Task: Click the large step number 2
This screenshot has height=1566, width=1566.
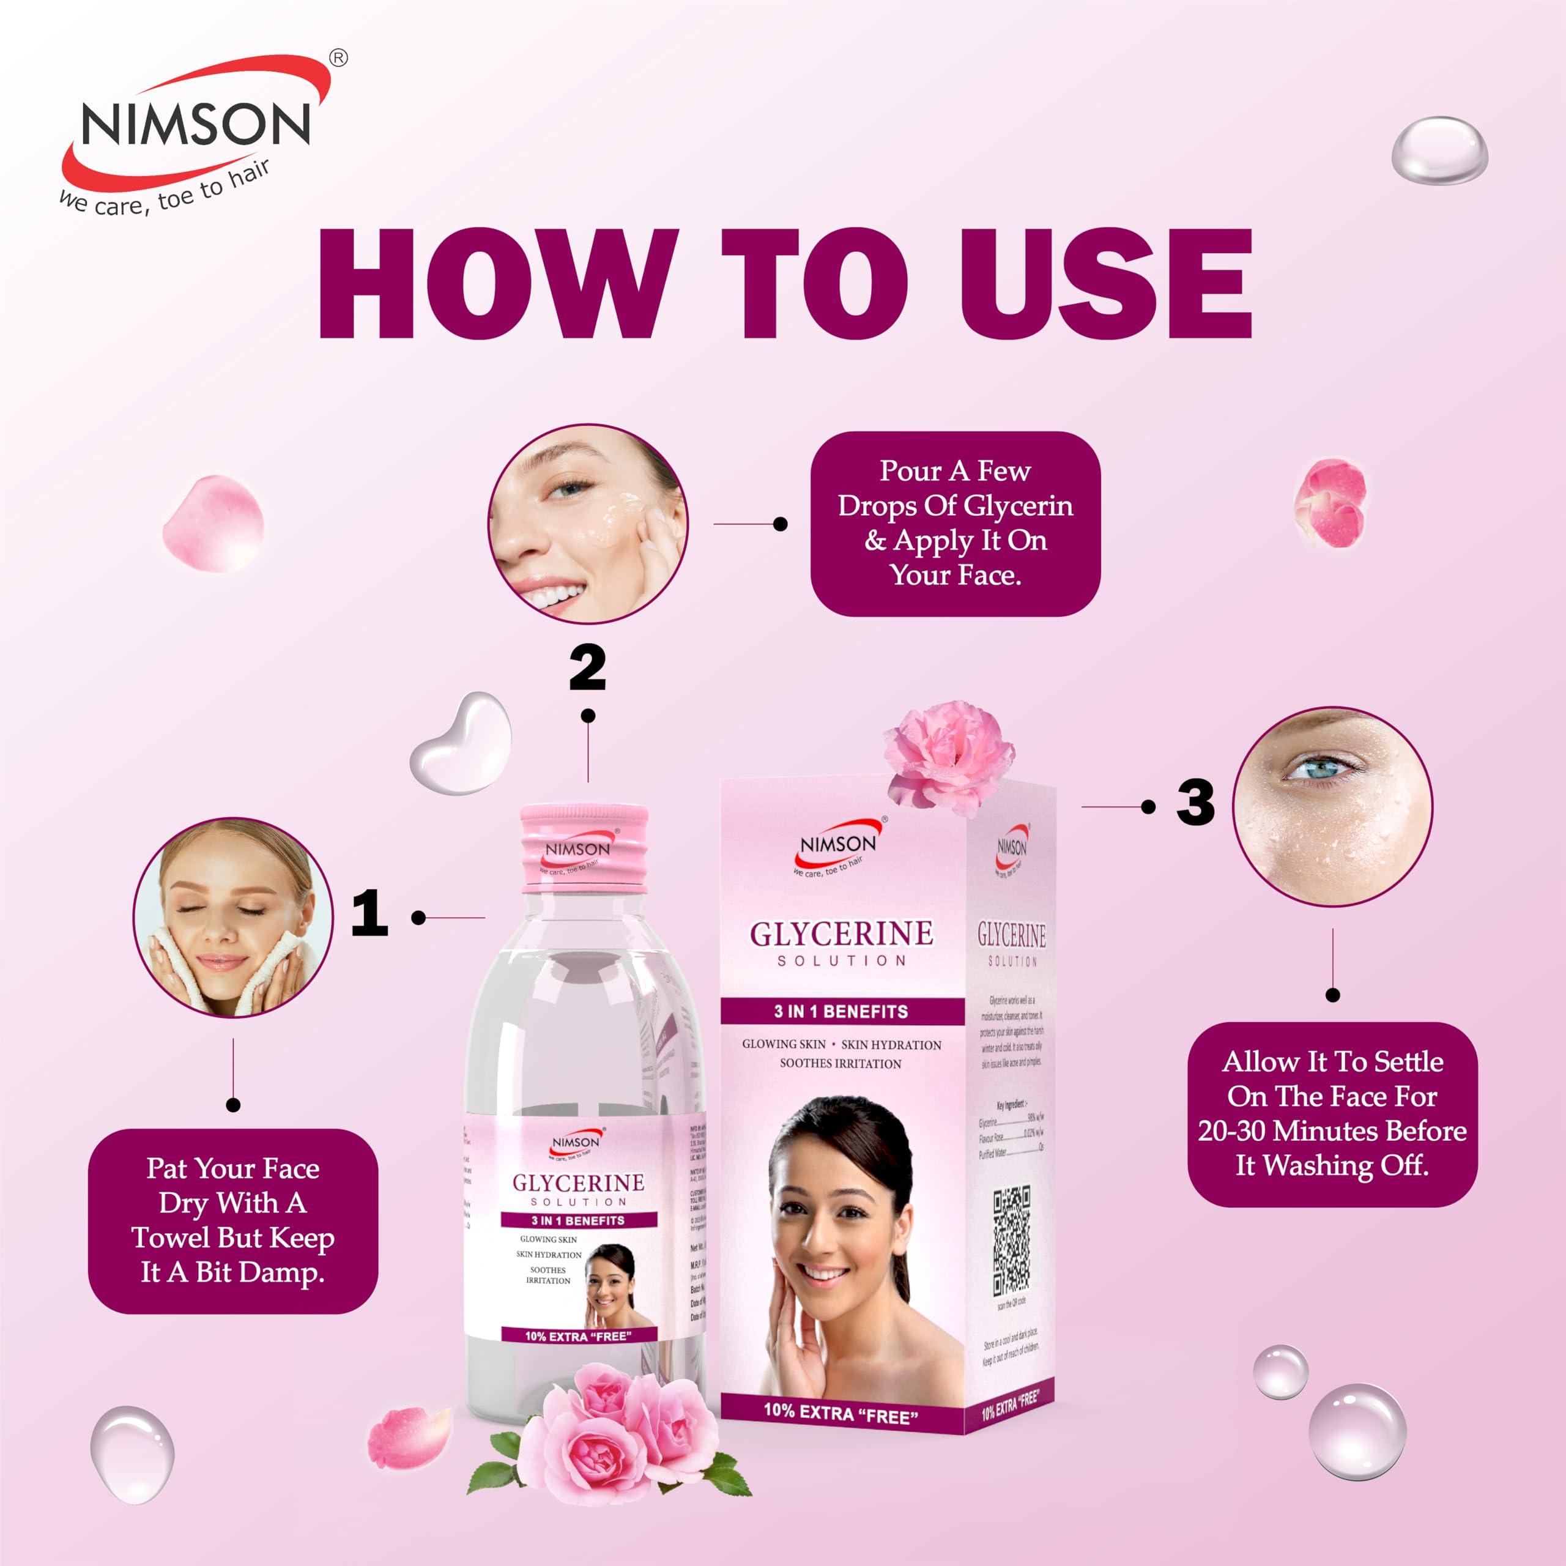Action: pyautogui.click(x=588, y=667)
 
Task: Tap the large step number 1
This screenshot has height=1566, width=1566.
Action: pyautogui.click(x=369, y=913)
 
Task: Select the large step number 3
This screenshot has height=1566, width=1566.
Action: pyautogui.click(x=1195, y=803)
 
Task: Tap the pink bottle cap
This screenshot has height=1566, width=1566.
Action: pyautogui.click(x=584, y=848)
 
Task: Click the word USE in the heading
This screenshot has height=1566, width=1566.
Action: pyautogui.click(x=1107, y=284)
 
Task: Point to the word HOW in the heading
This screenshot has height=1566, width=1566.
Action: pyautogui.click(x=497, y=284)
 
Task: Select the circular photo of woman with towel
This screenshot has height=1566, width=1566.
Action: pyautogui.click(x=234, y=917)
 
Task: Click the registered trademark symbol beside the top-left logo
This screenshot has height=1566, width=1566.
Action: pyautogui.click(x=339, y=58)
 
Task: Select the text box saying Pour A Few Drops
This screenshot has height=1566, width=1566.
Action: pyautogui.click(x=955, y=523)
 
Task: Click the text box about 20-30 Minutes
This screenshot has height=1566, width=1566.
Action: pyautogui.click(x=1332, y=1114)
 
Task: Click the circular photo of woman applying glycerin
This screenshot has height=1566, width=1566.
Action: pyautogui.click(x=588, y=524)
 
